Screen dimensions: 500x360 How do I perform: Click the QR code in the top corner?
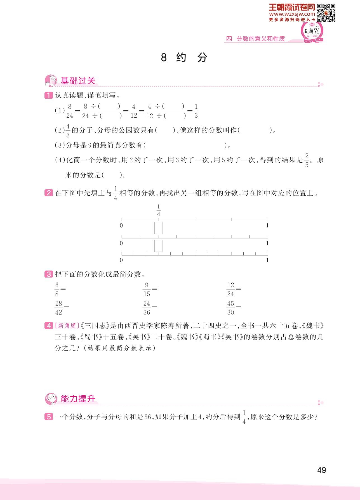[326, 13]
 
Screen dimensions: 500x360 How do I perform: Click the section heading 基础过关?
[78, 81]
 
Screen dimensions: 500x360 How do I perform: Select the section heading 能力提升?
[78, 399]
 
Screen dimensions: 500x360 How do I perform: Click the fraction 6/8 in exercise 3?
[57, 289]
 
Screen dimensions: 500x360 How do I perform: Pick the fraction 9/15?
[147, 289]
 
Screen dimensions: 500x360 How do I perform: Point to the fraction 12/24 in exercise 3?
[230, 289]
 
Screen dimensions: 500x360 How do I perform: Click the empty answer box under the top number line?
[158, 228]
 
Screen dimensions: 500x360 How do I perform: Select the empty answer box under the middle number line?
[158, 246]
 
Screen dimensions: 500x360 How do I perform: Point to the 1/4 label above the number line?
[159, 211]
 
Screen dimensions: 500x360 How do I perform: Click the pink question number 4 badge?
[48, 326]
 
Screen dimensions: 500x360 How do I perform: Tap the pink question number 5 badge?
[48, 417]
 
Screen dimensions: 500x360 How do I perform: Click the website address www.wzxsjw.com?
[293, 14]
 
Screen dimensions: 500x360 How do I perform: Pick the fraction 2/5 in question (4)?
[307, 160]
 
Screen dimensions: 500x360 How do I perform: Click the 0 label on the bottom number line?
[121, 260]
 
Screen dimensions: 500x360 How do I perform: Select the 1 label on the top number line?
[267, 225]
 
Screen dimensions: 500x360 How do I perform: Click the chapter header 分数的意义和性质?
[260, 39]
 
